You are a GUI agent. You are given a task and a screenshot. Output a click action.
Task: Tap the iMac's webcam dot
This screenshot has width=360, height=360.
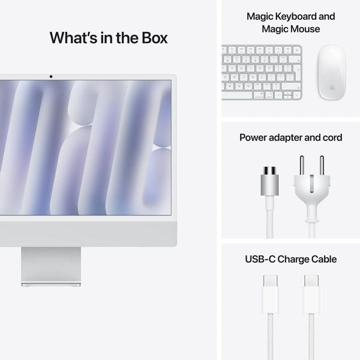pos(50,76)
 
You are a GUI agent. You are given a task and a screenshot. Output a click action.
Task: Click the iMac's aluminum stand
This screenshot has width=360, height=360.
pos(51,266)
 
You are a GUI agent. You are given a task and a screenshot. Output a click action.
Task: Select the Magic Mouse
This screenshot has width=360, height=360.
pos(331,71)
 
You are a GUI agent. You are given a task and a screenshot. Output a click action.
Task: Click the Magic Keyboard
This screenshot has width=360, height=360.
pos(262,73)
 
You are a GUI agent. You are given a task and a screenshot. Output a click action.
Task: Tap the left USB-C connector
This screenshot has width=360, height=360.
pos(270,293)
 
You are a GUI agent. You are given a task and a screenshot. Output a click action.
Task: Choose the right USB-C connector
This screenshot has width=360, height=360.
pos(311,293)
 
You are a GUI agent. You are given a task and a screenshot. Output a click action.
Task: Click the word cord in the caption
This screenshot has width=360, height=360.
pos(331,137)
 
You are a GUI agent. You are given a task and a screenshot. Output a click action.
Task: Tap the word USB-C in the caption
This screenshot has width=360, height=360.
pos(260,259)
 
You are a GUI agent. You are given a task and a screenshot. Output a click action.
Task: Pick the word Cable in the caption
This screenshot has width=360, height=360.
pos(322,259)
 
